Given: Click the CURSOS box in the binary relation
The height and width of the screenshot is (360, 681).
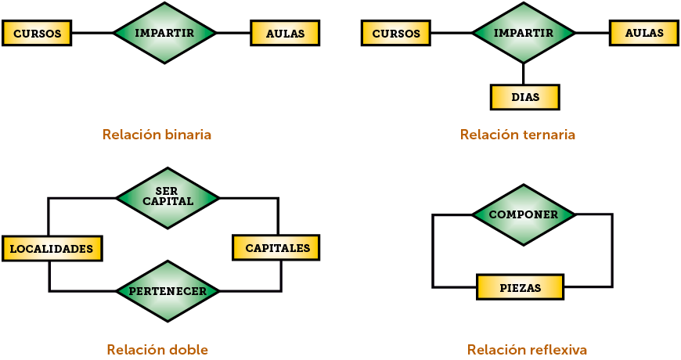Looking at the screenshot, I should (38, 34).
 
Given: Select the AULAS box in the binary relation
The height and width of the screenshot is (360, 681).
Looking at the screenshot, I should (285, 34).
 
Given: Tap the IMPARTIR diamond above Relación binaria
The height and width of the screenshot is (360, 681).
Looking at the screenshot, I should (164, 33).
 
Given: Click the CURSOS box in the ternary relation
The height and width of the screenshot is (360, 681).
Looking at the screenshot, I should (396, 34).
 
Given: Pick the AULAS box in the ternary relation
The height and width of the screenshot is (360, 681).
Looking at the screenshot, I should (644, 33).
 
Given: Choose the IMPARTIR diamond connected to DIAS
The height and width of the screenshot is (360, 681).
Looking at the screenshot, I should (523, 33).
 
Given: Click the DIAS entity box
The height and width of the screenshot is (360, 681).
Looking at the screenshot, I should (524, 97).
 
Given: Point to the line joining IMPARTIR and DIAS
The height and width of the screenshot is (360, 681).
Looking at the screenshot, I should (524, 74).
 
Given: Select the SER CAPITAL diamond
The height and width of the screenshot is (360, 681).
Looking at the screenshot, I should (168, 196).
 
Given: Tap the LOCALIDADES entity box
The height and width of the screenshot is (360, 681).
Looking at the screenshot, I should (52, 249).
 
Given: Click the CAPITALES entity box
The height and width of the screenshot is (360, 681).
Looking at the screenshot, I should (277, 248).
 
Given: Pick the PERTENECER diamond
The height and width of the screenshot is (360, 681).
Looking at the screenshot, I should (168, 291).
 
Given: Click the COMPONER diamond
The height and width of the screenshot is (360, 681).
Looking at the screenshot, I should (523, 214).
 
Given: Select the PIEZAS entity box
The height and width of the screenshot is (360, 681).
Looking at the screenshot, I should (521, 287).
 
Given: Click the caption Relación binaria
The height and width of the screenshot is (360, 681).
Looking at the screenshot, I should (157, 135).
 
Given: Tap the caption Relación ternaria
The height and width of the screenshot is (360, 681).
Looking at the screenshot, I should (517, 135).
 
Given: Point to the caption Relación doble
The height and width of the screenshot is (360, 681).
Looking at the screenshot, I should (157, 349).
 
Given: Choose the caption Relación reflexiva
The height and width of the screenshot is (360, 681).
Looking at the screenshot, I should (527, 349).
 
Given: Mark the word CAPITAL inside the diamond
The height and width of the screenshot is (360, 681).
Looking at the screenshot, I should (168, 201).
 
